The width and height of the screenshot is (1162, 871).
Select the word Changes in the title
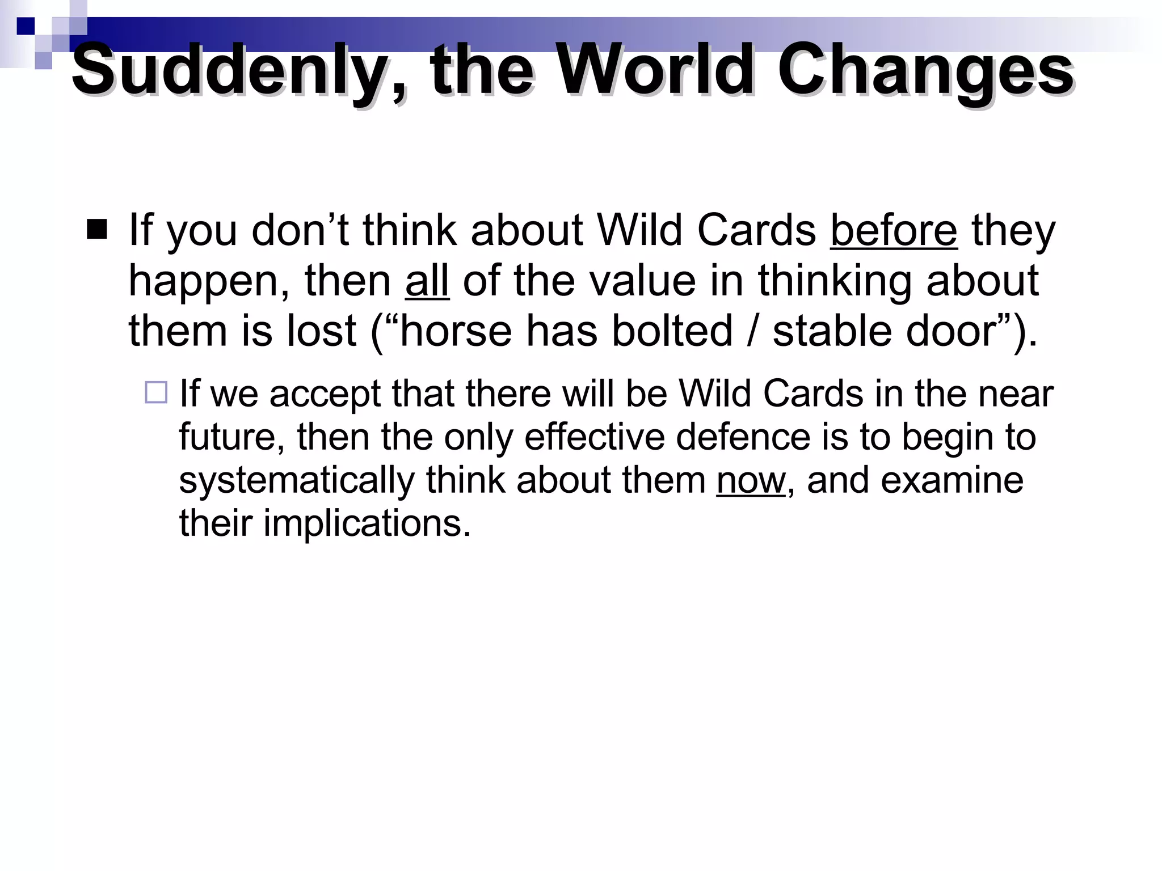point(925,71)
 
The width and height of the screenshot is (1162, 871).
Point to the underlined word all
point(427,281)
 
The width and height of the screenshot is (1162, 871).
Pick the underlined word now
point(751,480)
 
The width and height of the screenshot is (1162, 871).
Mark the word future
point(231,438)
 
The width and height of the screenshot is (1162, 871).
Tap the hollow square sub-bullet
point(156,392)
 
